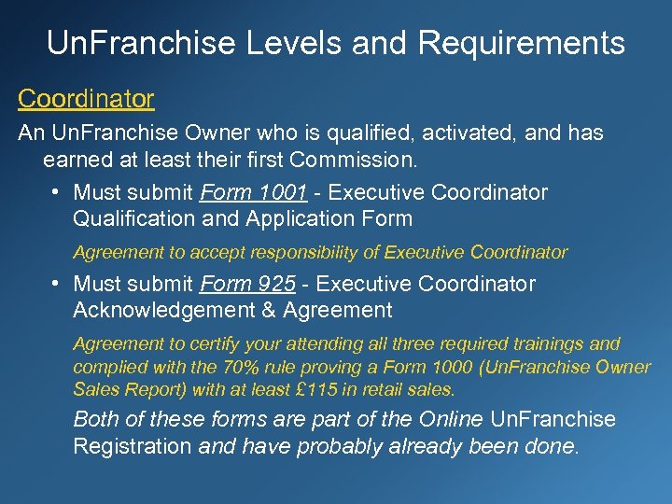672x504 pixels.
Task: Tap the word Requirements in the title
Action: click(522, 43)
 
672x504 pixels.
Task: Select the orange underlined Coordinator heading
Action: click(86, 98)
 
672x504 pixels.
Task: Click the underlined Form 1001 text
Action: click(254, 192)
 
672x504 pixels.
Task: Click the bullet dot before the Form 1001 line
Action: click(58, 192)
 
